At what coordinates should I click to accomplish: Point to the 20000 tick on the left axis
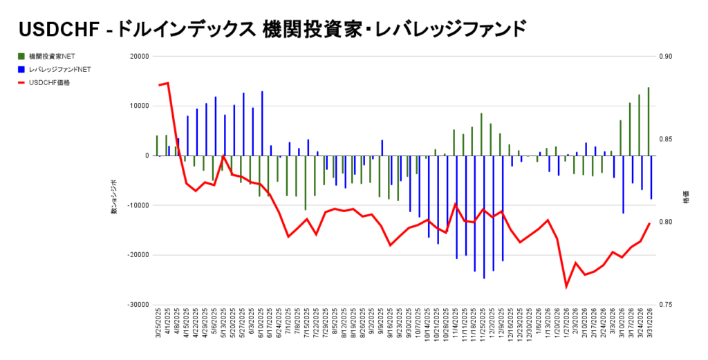(140, 57)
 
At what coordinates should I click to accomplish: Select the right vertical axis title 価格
(686, 198)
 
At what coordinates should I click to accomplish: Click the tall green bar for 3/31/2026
(648, 121)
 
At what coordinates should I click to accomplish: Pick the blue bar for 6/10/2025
(262, 123)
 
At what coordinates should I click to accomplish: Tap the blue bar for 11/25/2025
(484, 217)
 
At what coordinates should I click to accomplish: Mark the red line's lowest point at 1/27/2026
(566, 286)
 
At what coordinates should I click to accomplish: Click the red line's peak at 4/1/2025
(168, 83)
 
